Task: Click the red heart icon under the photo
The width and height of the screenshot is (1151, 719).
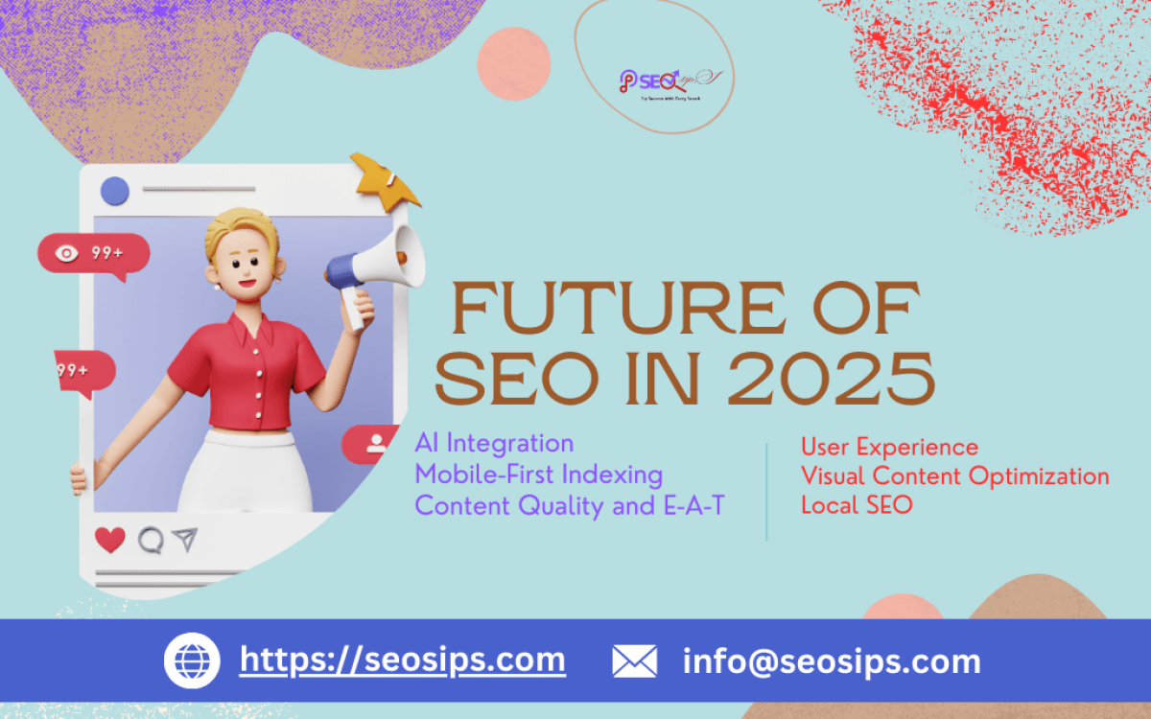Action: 110,540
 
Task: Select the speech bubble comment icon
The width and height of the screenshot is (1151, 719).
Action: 150,540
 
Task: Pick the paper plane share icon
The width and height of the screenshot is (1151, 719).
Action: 184,540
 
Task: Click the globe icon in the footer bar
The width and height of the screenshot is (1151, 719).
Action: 193,661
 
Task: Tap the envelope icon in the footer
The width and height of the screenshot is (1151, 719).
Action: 634,661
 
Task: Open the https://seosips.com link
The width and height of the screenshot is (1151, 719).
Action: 402,660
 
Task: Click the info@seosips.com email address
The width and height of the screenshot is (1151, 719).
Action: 832,661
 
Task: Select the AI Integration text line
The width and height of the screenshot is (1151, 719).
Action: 494,444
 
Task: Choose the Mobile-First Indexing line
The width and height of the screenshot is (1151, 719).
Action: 538,475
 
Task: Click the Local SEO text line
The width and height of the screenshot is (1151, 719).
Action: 857,505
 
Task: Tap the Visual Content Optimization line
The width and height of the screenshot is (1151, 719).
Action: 954,475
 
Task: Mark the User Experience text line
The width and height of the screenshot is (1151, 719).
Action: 889,447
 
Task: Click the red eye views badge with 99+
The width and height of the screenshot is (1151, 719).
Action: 93,254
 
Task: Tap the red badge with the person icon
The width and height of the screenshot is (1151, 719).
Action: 373,444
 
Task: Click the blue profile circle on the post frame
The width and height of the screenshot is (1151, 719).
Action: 115,191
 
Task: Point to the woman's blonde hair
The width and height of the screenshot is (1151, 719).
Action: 235,230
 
